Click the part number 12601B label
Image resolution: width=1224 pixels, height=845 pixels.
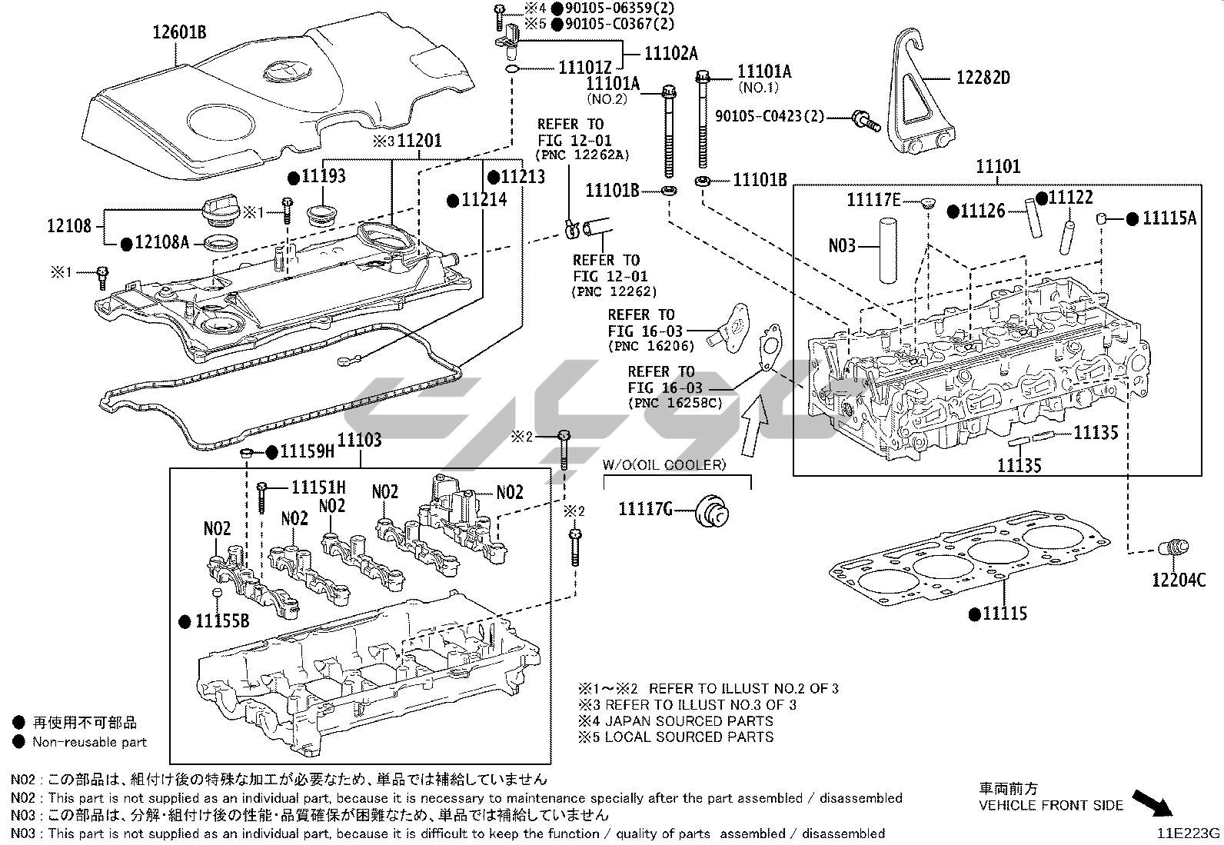tap(179, 33)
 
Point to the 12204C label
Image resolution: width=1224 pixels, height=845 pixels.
tap(1179, 580)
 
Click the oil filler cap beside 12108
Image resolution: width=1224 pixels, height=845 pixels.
tap(219, 209)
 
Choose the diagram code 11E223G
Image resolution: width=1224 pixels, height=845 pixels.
tap(1190, 833)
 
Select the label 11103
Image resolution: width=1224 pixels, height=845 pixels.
tap(359, 440)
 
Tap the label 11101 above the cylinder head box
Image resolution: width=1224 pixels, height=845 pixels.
tap(998, 166)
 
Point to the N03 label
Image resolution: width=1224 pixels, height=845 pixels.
tap(842, 246)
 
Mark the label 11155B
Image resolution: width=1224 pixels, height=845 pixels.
tap(221, 621)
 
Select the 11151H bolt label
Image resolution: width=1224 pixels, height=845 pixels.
tap(318, 487)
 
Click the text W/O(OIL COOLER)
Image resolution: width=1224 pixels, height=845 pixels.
tap(664, 464)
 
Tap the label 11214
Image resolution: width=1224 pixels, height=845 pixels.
tap(484, 200)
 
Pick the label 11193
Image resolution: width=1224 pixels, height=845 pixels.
tap(323, 177)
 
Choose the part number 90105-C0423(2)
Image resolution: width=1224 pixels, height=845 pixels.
tap(769, 116)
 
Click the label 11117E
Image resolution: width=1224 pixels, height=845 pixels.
tap(873, 200)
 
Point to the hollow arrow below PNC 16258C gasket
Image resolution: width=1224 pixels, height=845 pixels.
tap(756, 422)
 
